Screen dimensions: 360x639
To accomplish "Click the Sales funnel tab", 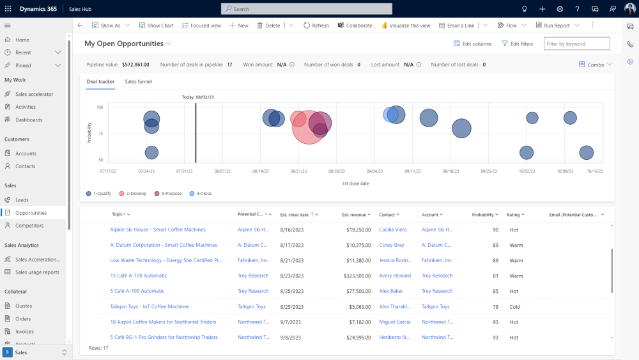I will [138, 82].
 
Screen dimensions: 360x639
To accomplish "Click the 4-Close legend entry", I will [201, 193].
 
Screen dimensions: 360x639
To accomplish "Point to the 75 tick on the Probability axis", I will [99, 134].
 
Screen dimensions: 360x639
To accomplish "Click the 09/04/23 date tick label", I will [374, 171].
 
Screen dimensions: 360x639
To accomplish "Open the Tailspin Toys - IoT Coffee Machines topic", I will [150, 306].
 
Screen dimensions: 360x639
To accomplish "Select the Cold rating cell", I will [514, 307].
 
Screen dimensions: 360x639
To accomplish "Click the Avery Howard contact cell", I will [395, 276].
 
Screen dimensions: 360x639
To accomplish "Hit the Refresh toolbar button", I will [316, 26].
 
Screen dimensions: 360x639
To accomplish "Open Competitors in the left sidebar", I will [29, 226].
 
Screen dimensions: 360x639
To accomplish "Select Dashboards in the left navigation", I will [29, 120].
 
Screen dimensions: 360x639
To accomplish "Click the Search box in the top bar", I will [307, 9].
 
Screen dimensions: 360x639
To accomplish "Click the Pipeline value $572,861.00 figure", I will [135, 65].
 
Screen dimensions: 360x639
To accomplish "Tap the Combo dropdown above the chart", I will [595, 65].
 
